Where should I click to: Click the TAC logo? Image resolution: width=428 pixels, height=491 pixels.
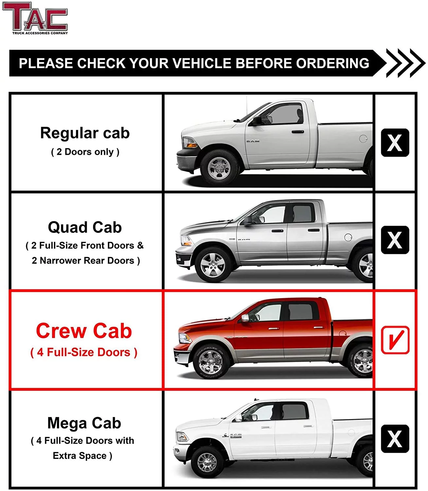click(35, 18)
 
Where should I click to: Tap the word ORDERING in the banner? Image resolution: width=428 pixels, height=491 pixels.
click(332, 63)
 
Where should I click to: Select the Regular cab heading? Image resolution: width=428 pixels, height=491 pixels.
click(85, 133)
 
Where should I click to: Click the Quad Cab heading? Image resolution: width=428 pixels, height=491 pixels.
click(85, 227)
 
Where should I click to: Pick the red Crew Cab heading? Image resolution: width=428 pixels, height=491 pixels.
click(84, 331)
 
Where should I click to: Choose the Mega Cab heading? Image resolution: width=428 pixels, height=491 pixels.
click(84, 423)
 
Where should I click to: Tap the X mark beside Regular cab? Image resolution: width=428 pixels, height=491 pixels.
click(395, 143)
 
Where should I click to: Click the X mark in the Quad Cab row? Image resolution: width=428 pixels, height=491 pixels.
click(395, 240)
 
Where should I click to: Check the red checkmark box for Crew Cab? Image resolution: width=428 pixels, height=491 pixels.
click(395, 340)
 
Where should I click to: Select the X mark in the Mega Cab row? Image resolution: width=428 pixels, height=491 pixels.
click(395, 439)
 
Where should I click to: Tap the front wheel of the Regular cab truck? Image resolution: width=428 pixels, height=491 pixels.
click(219, 168)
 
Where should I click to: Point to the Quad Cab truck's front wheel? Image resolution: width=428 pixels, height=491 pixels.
click(213, 264)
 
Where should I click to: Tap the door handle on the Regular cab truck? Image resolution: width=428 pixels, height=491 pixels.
click(297, 132)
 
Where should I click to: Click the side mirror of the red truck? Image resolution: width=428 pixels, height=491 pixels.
click(245, 318)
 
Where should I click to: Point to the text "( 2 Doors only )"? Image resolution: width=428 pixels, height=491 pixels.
click(85, 152)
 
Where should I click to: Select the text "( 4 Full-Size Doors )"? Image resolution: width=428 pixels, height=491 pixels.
click(84, 352)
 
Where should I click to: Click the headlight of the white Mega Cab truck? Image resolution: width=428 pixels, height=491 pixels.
click(182, 437)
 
